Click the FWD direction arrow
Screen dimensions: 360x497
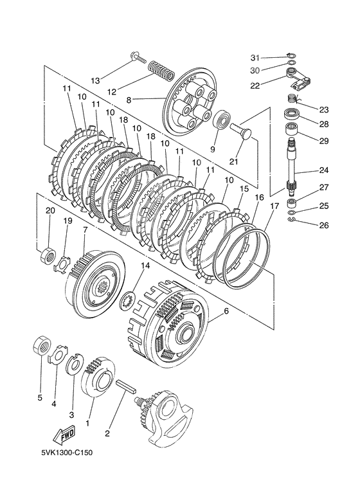pyautogui.click(x=64, y=434)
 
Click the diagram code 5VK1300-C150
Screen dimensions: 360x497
pyautogui.click(x=67, y=453)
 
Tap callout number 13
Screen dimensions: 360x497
pyautogui.click(x=94, y=80)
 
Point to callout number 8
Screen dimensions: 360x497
pyautogui.click(x=129, y=100)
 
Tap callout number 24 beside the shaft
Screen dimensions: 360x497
pyautogui.click(x=323, y=170)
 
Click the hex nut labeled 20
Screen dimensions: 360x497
pyautogui.click(x=48, y=255)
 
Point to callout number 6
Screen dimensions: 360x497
pyautogui.click(x=226, y=311)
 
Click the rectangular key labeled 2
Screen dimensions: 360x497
pyautogui.click(x=127, y=387)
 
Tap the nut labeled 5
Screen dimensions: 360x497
pyautogui.click(x=42, y=345)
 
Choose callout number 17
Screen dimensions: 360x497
pyautogui.click(x=274, y=206)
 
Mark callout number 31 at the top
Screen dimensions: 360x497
pyautogui.click(x=255, y=58)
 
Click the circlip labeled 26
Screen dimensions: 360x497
pyautogui.click(x=292, y=220)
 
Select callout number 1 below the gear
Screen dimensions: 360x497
pyautogui.click(x=87, y=423)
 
